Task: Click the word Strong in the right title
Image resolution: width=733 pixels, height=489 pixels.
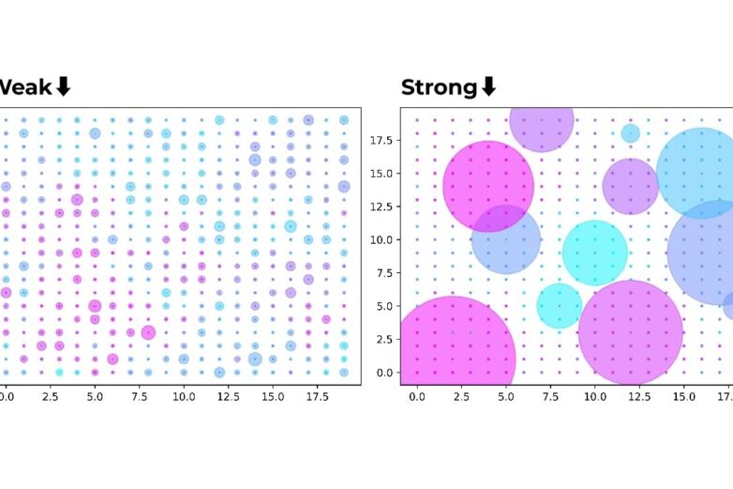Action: coord(438,87)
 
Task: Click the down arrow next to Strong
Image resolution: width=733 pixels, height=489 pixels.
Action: coord(488,87)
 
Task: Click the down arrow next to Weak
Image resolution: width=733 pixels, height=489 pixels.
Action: coord(63,87)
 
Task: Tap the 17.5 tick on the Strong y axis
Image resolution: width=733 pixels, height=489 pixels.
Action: coord(380,139)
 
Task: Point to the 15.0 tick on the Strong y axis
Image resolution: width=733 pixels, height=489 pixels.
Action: coord(380,173)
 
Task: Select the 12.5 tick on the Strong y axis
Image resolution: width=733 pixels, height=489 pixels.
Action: coord(380,206)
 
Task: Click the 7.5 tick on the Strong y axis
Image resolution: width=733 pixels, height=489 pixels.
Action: coord(381,272)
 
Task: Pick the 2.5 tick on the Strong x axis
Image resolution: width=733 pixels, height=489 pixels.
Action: coord(461,397)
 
